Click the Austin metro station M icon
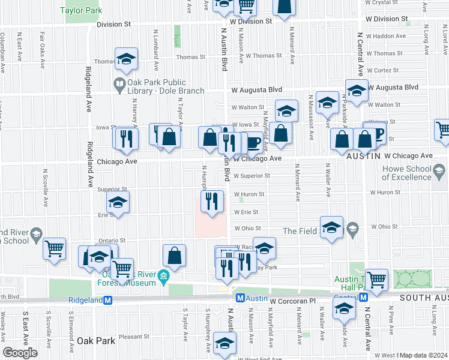click(x=240, y=298)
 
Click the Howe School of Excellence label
click(x=415, y=173)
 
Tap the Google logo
click(x=20, y=353)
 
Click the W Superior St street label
click(x=252, y=176)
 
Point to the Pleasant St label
click(x=134, y=337)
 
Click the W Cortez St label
click(x=379, y=70)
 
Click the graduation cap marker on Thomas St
click(x=126, y=58)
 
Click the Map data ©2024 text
click(x=424, y=355)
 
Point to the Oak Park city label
click(x=95, y=341)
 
